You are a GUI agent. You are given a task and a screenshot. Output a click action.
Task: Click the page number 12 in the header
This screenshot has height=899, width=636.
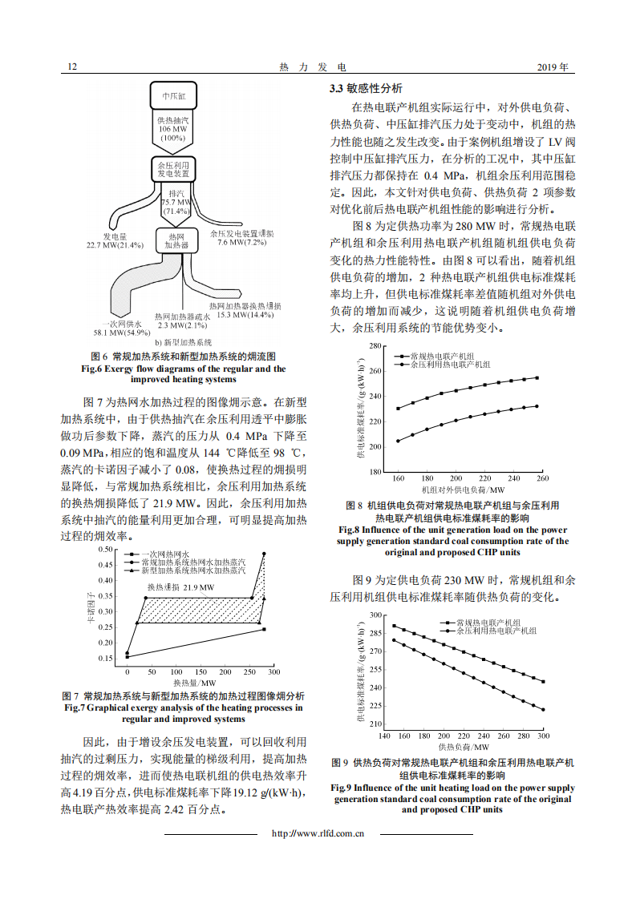coord(72,67)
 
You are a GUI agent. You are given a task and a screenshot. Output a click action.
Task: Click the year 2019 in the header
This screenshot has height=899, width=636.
coord(552,67)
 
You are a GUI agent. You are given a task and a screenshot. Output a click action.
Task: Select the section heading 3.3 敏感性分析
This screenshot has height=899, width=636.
coord(366,88)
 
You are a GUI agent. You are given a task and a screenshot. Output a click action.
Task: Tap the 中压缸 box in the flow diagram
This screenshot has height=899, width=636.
coord(173,95)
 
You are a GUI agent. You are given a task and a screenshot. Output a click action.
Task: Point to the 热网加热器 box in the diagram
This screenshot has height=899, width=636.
coord(173,241)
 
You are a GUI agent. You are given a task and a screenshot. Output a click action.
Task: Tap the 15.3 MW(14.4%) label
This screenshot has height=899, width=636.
coord(245,315)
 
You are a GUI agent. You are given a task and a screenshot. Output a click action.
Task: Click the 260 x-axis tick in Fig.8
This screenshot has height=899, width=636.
coord(542,478)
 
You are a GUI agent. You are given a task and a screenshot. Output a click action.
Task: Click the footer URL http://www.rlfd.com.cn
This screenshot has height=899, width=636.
coord(318,833)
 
